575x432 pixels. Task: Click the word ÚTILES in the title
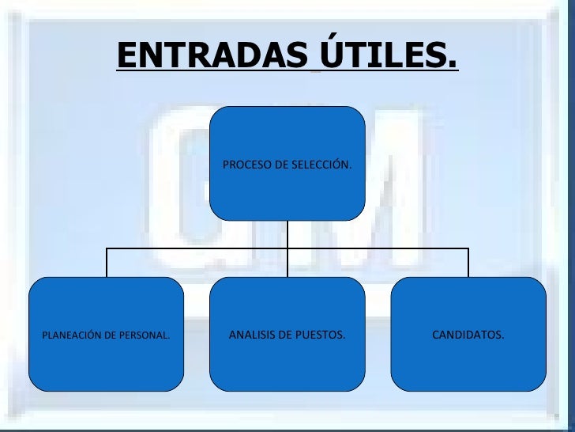(x=381, y=55)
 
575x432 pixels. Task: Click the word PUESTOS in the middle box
(x=321, y=335)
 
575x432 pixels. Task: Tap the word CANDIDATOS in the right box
(x=468, y=335)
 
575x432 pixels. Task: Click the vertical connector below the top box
(x=287, y=233)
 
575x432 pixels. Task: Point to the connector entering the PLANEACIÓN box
(x=107, y=263)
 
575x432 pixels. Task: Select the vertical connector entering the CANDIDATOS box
(x=468, y=263)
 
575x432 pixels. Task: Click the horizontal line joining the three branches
(x=197, y=248)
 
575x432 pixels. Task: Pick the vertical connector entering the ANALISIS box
(x=287, y=263)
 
